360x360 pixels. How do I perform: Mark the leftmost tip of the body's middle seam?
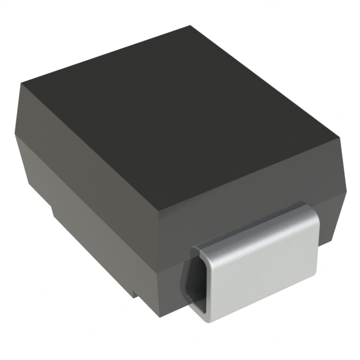(x=15, y=136)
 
